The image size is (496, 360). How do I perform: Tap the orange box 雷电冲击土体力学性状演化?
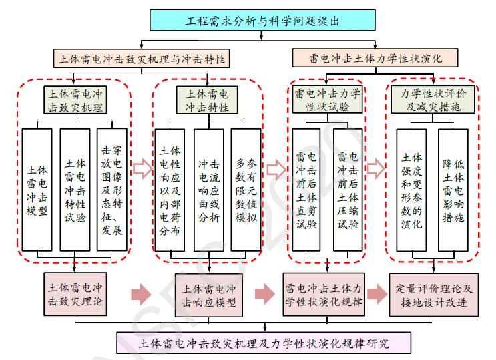pyautogui.click(x=375, y=59)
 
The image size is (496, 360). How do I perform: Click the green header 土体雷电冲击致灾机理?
pyautogui.click(x=76, y=100)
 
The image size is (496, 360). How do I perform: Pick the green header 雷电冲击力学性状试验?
pyautogui.click(x=327, y=100)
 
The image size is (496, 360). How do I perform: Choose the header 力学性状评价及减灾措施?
pyautogui.click(x=429, y=100)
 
